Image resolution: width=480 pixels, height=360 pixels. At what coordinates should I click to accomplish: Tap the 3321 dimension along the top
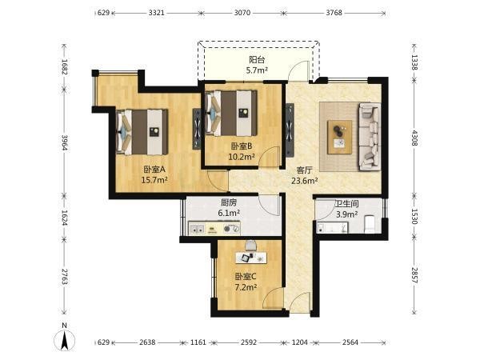click(157, 13)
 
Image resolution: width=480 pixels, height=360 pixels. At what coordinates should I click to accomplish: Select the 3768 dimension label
click(334, 13)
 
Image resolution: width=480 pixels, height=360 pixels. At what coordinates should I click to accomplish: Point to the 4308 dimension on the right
click(414, 138)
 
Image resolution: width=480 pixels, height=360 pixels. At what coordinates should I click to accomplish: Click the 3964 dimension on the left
click(65, 143)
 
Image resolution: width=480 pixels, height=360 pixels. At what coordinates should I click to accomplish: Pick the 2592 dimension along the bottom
click(248, 342)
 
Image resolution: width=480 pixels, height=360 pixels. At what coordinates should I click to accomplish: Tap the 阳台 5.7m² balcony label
click(257, 65)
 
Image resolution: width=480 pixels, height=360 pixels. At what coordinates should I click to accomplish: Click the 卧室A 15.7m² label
click(154, 174)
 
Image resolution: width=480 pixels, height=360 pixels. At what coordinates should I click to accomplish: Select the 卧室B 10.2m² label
click(242, 151)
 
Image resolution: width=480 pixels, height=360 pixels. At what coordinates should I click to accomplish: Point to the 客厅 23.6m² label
click(304, 175)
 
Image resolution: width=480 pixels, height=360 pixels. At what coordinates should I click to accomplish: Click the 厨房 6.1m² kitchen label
click(229, 207)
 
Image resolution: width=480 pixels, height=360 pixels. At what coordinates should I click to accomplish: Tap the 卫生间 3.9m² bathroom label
click(346, 209)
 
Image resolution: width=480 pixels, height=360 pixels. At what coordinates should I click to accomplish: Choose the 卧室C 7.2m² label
click(246, 282)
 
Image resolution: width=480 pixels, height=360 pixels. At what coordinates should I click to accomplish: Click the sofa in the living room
click(370, 137)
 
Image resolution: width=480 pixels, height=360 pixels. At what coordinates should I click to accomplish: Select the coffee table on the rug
click(339, 137)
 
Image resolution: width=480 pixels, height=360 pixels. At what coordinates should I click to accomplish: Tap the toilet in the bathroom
click(370, 224)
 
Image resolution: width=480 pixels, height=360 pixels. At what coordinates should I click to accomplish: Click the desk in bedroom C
click(251, 258)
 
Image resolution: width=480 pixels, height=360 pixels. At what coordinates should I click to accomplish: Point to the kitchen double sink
click(197, 229)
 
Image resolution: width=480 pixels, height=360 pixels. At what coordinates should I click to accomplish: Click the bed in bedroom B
click(231, 113)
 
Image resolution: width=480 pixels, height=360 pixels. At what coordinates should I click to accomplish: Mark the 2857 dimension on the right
click(414, 275)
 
